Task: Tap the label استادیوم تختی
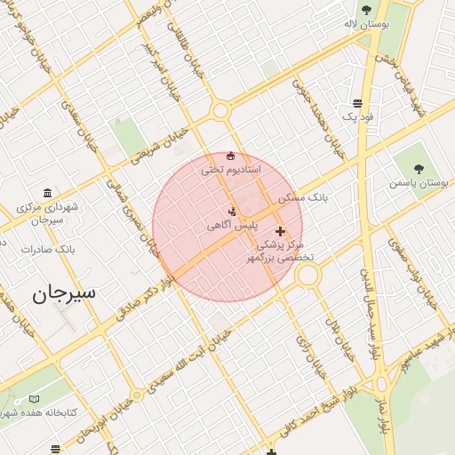coord(230,169)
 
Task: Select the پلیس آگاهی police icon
coord(232,212)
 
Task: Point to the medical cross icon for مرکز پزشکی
coord(280,231)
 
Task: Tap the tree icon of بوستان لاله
coord(366,11)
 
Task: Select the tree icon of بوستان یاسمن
coord(419,169)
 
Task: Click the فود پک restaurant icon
coord(356,103)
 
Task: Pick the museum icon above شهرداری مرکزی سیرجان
coord(47,194)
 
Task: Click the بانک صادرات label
coord(49,250)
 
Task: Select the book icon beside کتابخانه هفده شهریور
coord(35,400)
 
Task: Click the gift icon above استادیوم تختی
coord(231,156)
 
